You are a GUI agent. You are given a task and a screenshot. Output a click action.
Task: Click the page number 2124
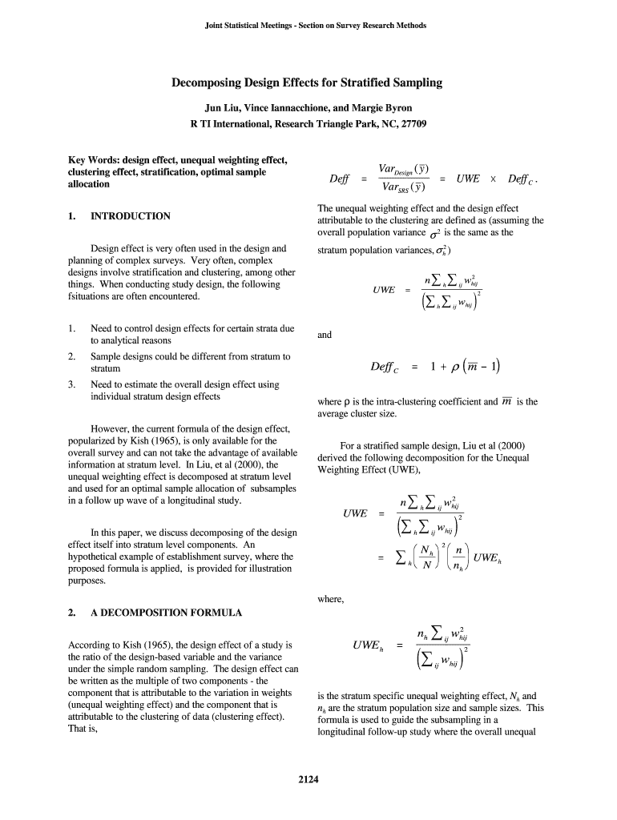pyautogui.click(x=308, y=782)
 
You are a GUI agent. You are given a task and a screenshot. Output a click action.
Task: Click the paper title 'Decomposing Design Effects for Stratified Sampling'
pyautogui.click(x=308, y=82)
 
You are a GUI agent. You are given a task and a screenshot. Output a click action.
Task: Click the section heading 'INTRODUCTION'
pyautogui.click(x=131, y=216)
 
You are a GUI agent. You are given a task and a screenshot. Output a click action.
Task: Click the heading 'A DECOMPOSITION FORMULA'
pyautogui.click(x=166, y=613)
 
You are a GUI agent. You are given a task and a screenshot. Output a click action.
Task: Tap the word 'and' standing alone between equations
pyautogui.click(x=325, y=336)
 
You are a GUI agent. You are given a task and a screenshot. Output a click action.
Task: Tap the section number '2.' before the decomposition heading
pyautogui.click(x=72, y=613)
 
